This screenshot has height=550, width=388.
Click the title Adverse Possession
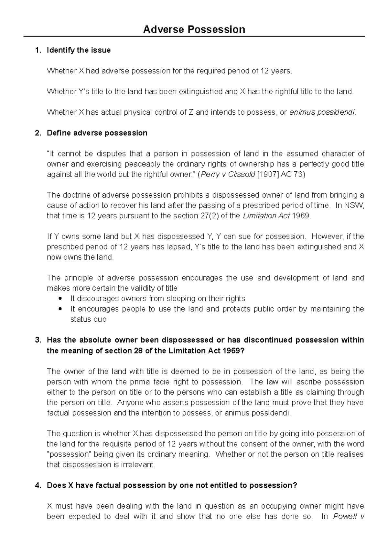[194, 29]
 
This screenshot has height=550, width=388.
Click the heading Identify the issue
[79, 50]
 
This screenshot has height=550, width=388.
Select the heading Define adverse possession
[97, 133]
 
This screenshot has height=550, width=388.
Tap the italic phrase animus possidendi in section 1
[322, 112]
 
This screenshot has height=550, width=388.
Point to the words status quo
[88, 319]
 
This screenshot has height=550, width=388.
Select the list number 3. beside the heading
[38, 340]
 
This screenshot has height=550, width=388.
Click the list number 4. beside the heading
[38, 486]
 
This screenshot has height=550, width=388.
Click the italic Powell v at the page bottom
[348, 517]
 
